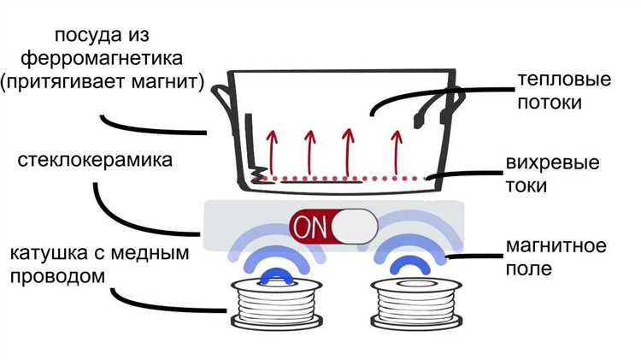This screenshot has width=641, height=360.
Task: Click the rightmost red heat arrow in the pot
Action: click(x=396, y=147)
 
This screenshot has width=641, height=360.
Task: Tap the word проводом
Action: click(x=57, y=277)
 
